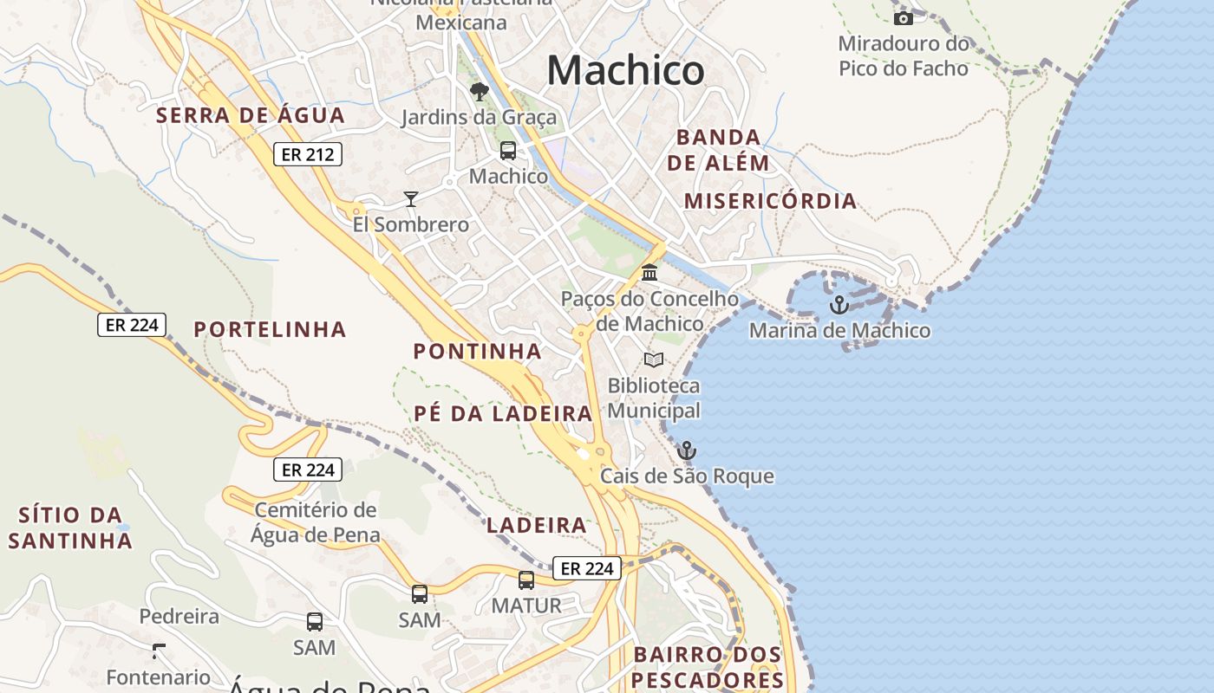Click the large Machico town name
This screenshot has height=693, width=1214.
click(625, 70)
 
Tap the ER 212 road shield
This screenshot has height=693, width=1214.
click(308, 155)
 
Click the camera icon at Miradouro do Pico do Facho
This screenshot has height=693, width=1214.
click(904, 18)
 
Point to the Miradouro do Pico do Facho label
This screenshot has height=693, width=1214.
click(904, 55)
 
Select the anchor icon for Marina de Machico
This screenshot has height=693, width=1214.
click(838, 305)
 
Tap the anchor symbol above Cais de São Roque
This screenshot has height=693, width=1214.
click(687, 450)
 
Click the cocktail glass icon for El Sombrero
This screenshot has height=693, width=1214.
click(411, 199)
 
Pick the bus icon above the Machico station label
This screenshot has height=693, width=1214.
click(508, 151)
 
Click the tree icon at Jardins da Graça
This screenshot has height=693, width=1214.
click(479, 91)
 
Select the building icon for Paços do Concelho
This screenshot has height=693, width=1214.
click(649, 274)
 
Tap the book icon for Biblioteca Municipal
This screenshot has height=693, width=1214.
click(654, 359)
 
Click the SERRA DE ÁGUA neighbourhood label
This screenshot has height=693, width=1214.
click(251, 115)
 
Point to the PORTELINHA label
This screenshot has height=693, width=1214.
click(270, 329)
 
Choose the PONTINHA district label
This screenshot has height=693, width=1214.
click(477, 351)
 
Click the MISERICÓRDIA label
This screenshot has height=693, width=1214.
click(770, 201)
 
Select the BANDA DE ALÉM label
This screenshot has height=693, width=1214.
click(718, 150)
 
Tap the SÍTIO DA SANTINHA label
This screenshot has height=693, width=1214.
click(70, 528)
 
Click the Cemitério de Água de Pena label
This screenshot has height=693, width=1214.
click(316, 522)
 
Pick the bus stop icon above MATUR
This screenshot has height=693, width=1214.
click(526, 580)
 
